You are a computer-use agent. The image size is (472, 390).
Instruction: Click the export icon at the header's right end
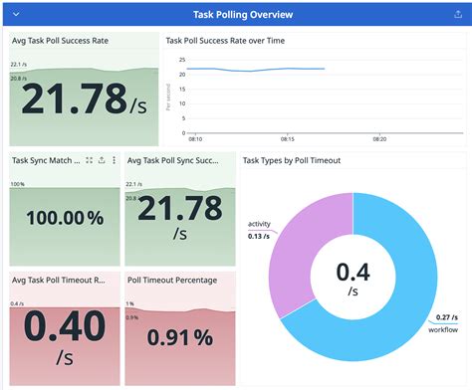[456, 14]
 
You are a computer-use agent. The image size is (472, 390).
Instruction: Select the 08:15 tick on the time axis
[288, 139]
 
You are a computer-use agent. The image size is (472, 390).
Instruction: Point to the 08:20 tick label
[378, 139]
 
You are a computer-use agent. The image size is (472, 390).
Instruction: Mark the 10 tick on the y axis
[182, 106]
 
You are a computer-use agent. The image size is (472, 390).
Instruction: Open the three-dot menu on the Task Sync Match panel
[114, 160]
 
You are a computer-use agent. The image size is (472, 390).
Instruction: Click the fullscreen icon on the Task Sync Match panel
[90, 160]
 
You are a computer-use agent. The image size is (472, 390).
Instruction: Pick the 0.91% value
[181, 337]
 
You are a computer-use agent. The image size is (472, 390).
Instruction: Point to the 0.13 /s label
[259, 235]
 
